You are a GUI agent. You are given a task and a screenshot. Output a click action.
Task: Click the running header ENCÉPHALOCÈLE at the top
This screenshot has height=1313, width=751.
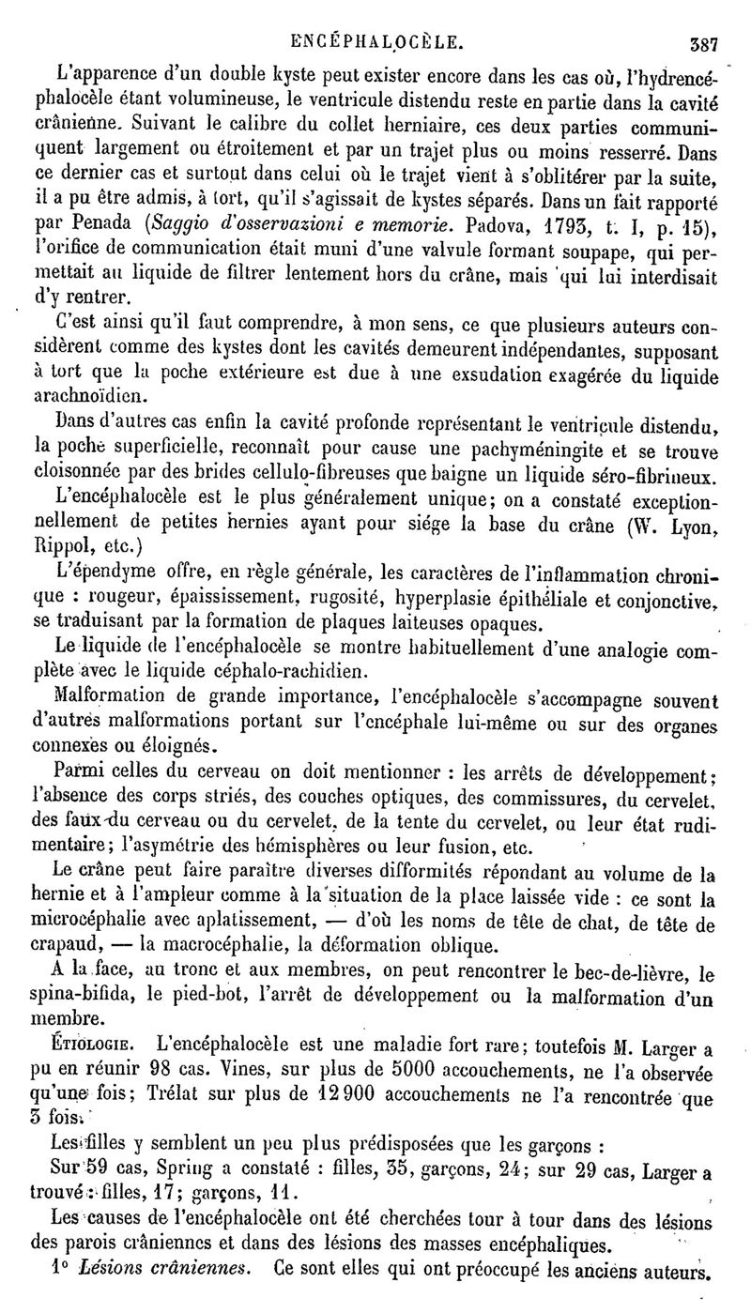tap(375, 41)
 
